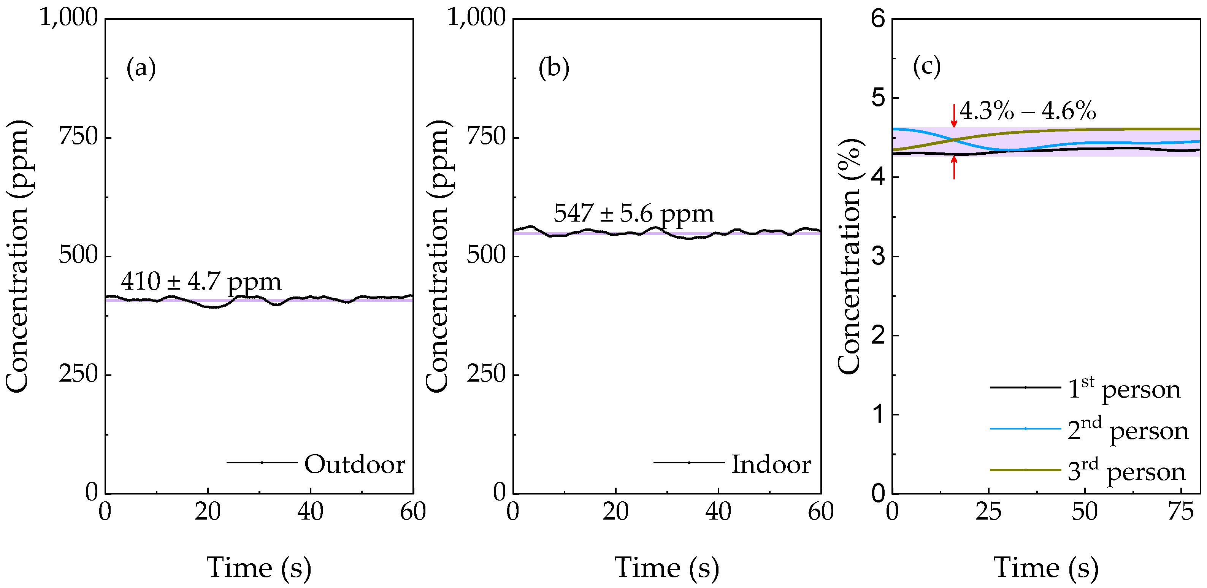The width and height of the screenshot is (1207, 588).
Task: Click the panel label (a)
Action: pos(141,68)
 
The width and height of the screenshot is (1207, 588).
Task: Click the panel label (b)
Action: pos(554,68)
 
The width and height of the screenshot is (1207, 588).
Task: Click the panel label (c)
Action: pos(926,67)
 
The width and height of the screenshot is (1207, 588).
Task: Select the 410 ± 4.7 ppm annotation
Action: pos(201,282)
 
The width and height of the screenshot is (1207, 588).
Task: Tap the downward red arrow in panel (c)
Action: pos(954,115)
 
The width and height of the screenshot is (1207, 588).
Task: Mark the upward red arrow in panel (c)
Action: pos(954,168)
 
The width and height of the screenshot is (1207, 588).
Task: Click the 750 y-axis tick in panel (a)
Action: pos(78,137)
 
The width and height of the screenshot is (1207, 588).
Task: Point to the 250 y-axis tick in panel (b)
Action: pos(486,375)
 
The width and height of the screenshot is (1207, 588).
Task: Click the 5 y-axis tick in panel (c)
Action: pos(879,98)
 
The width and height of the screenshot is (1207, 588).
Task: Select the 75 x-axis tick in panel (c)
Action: pos(1180,512)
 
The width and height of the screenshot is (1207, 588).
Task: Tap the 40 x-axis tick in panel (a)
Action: pos(310,512)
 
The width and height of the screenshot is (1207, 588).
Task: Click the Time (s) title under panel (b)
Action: pos(666,568)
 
